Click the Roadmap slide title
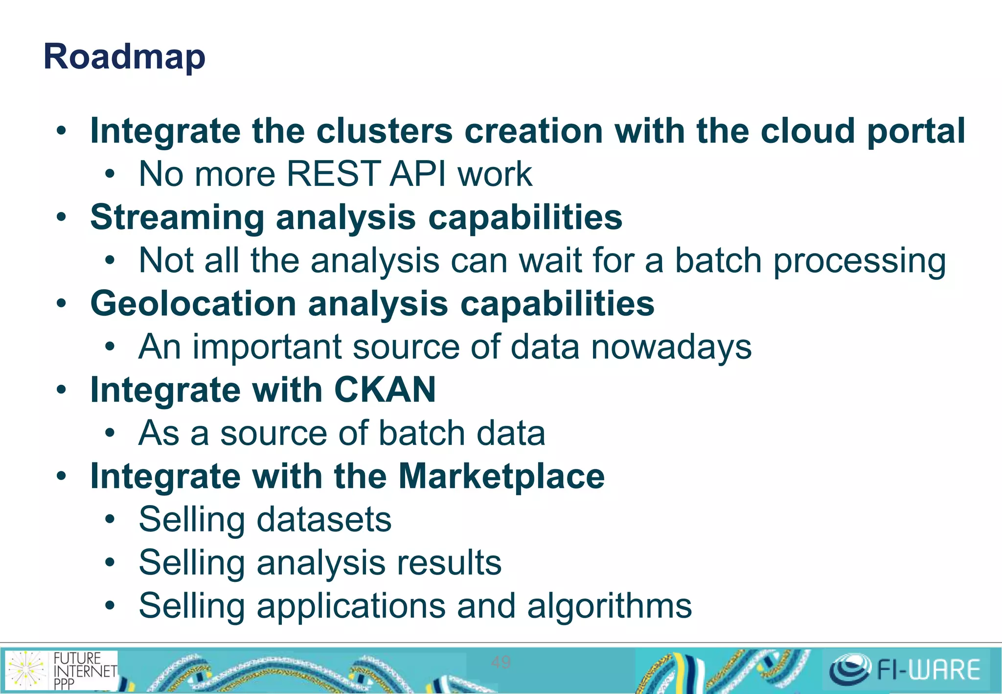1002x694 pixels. point(124,57)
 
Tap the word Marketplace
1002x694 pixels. point(501,476)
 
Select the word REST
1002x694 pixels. point(333,174)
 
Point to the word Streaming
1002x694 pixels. point(177,217)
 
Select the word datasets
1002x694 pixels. point(324,519)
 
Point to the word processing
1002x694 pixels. point(859,261)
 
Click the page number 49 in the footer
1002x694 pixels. point(501,662)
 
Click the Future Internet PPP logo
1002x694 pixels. point(62,670)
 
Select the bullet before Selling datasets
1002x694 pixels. point(110,519)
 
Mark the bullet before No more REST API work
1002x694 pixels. point(110,174)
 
